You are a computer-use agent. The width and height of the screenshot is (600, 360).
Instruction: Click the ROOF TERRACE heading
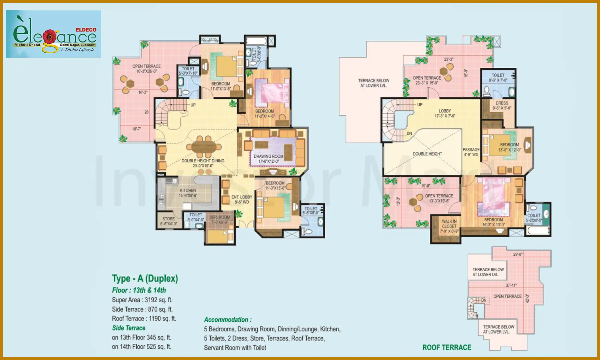pos(447,347)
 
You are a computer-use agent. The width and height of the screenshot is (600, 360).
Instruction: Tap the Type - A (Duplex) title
pos(145,278)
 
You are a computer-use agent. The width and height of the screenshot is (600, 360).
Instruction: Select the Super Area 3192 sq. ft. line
pos(142,300)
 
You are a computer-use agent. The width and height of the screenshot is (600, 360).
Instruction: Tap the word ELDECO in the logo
pos(86,30)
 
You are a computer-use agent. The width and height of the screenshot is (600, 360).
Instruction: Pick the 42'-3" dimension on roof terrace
pos(527,299)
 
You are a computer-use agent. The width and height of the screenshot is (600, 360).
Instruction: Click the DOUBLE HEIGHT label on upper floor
pos(427,154)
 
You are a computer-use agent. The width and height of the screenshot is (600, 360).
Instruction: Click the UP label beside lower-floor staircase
pos(193,105)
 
